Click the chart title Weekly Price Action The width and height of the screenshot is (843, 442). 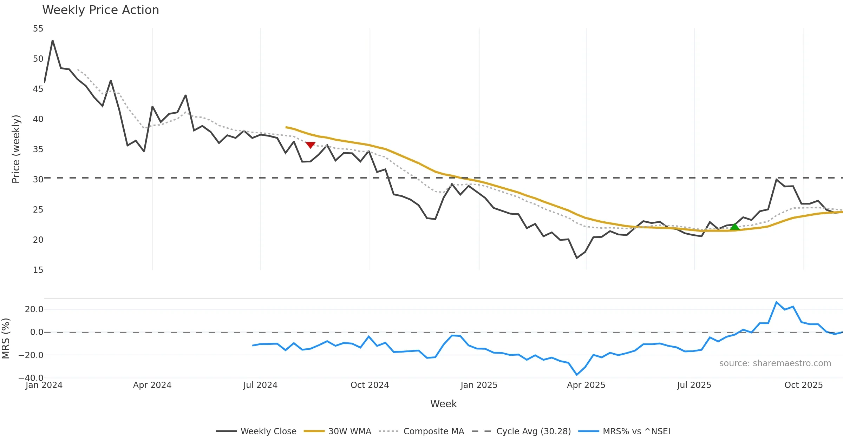[100, 10]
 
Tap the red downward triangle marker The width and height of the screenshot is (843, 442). [310, 145]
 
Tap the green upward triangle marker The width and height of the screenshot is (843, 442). [734, 227]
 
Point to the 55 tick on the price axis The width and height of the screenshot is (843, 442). [38, 29]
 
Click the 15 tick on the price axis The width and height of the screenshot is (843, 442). [38, 270]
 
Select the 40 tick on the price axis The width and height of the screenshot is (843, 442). [38, 119]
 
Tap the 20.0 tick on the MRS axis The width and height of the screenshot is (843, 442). [34, 309]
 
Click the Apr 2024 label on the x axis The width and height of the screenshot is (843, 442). [152, 385]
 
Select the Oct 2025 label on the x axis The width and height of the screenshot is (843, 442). [803, 385]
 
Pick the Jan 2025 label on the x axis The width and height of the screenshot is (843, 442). [479, 385]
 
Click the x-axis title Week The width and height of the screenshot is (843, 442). [443, 404]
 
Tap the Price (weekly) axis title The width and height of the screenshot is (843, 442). [16, 149]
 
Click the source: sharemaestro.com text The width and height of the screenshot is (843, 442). [775, 363]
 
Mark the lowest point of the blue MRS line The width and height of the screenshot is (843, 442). [577, 375]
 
